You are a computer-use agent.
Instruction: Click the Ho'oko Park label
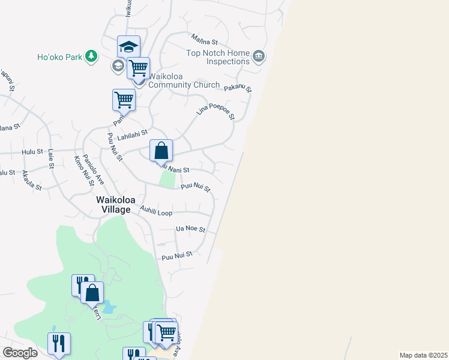(x=60, y=58)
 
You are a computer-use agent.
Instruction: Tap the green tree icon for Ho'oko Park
(x=91, y=56)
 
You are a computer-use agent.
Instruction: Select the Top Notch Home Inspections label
(x=218, y=57)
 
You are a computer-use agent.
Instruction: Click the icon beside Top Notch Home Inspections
(x=259, y=57)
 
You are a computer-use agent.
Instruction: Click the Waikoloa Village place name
(x=113, y=204)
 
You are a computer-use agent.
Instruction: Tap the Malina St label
(x=204, y=41)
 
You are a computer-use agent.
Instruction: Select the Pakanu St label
(x=238, y=88)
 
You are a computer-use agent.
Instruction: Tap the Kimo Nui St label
(x=80, y=167)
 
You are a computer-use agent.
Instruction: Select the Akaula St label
(x=32, y=180)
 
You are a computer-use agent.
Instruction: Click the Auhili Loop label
(x=156, y=212)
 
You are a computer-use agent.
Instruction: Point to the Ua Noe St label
(x=190, y=229)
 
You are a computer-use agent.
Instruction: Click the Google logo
(x=20, y=353)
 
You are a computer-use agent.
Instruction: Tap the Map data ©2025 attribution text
(x=423, y=355)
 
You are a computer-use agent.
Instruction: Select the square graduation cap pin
(x=128, y=47)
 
